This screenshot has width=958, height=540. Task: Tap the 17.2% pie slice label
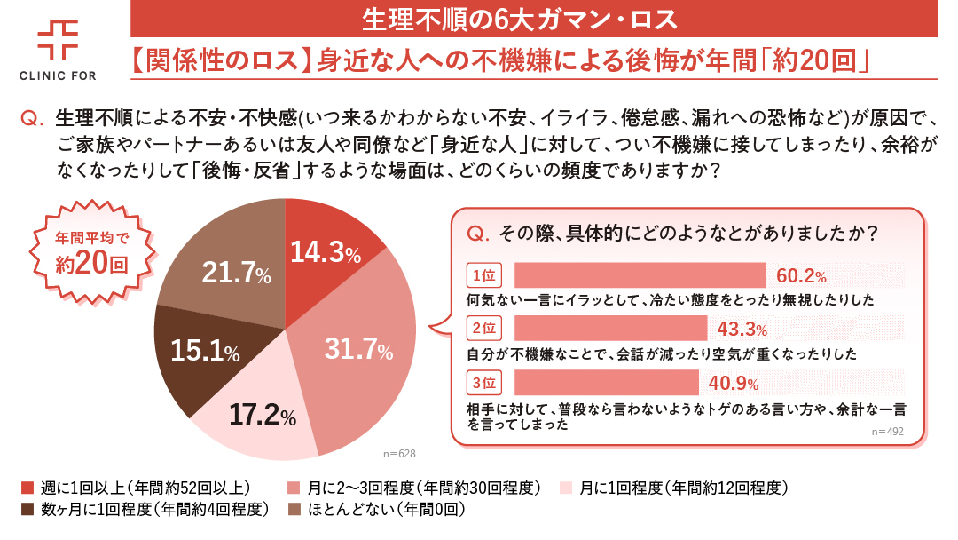pos(263,414)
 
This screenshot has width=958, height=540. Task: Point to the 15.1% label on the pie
pos(205,352)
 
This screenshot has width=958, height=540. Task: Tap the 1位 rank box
pos(483,274)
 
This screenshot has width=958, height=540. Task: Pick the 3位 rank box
pos(483,383)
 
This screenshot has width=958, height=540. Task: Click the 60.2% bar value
pos(801,275)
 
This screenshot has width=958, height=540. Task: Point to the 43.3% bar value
pos(742,330)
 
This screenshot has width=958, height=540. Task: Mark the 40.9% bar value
pos(734,384)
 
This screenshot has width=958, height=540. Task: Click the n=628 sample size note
pos(399,454)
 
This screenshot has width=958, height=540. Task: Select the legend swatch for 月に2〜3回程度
pos(294,488)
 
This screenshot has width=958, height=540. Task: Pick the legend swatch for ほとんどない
pos(294,510)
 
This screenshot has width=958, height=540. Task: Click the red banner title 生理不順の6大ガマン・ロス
pos(533,18)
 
